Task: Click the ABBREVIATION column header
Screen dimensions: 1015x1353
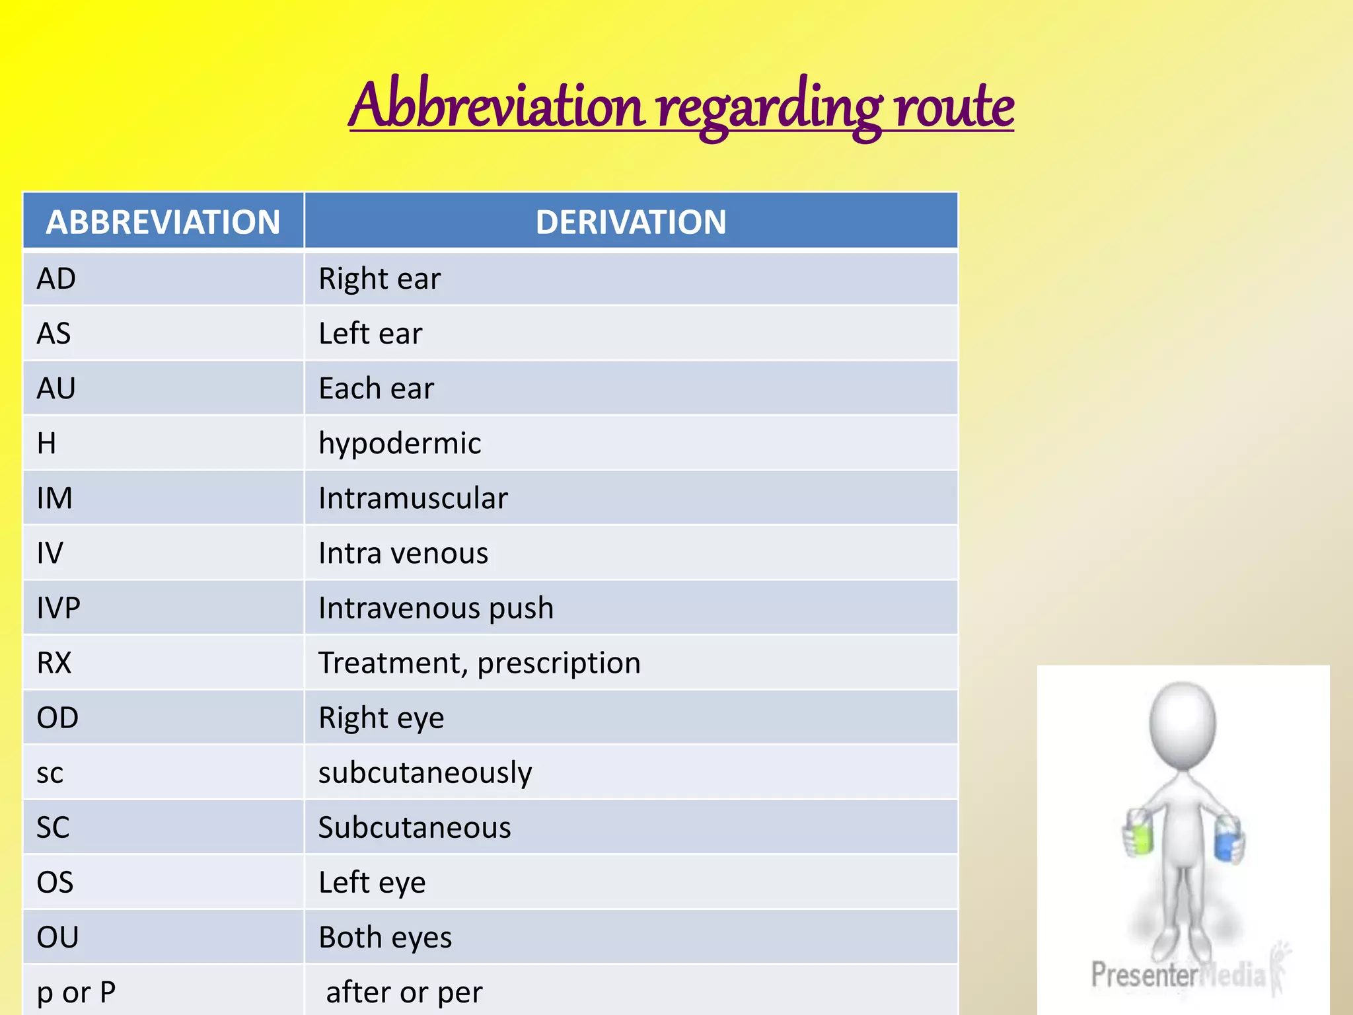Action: click(x=163, y=222)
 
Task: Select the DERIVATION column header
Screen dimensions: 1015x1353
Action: click(x=631, y=222)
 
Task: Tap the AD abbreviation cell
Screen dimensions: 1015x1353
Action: click(x=57, y=279)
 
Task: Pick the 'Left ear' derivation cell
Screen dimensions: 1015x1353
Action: click(x=370, y=334)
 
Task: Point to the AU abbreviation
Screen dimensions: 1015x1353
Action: click(x=57, y=389)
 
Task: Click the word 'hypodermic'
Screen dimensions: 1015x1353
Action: click(x=400, y=443)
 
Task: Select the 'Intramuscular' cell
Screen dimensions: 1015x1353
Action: click(x=413, y=498)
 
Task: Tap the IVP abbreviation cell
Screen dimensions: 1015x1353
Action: click(x=59, y=608)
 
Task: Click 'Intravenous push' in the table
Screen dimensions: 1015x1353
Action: click(x=436, y=608)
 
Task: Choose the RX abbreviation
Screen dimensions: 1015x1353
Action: click(x=54, y=663)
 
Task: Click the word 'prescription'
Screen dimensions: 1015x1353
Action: click(x=559, y=663)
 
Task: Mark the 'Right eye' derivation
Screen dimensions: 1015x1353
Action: click(x=381, y=718)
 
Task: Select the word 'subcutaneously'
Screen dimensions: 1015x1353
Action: click(x=425, y=773)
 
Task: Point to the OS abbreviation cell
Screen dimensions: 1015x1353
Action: click(x=55, y=883)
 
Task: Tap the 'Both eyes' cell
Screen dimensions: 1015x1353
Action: click(x=385, y=938)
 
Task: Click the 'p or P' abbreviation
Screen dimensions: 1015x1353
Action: click(x=77, y=993)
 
